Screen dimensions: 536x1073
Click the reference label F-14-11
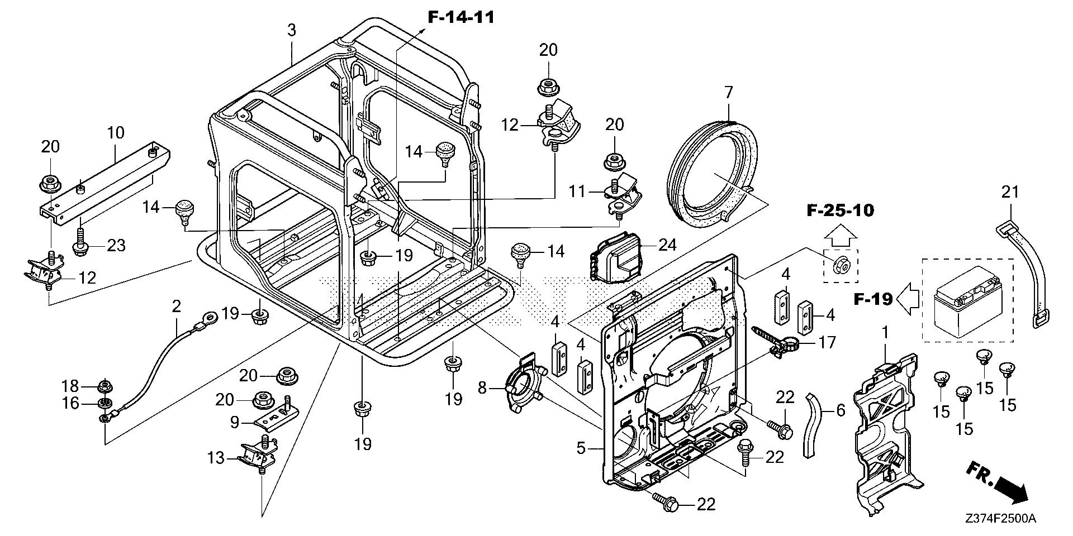tap(461, 17)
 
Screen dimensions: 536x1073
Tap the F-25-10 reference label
tap(840, 210)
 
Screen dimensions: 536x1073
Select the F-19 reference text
tap(873, 300)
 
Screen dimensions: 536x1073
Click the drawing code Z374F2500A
tap(999, 519)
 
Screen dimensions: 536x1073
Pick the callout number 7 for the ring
tap(728, 93)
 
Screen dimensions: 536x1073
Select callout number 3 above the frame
tap(291, 30)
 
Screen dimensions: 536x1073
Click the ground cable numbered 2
tap(156, 363)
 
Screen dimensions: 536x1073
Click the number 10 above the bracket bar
tap(116, 133)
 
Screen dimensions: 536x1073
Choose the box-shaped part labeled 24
tap(615, 260)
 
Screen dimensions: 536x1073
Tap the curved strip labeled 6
tap(815, 424)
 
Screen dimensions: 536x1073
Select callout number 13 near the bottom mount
tap(216, 458)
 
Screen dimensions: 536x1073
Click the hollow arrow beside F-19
tap(908, 300)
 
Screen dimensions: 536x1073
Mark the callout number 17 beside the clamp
tap(827, 342)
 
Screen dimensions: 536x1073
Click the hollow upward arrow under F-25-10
tap(840, 237)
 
